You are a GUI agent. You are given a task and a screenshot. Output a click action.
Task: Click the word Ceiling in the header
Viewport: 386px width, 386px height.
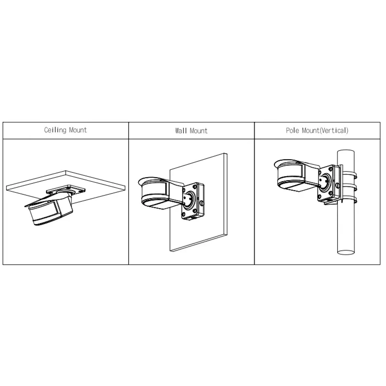click(x=55, y=130)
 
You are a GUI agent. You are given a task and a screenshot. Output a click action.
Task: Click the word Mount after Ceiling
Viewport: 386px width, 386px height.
click(x=78, y=130)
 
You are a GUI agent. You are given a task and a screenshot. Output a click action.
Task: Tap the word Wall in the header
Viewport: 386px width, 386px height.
click(x=181, y=131)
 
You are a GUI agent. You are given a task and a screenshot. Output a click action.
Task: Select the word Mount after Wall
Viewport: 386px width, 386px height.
click(x=198, y=131)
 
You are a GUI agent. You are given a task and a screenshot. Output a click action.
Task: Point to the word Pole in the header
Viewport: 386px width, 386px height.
click(x=293, y=131)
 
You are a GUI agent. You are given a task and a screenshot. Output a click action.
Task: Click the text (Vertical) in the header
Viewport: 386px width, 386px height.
click(x=334, y=131)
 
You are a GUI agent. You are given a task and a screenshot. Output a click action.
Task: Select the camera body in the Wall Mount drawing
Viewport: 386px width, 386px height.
click(x=160, y=193)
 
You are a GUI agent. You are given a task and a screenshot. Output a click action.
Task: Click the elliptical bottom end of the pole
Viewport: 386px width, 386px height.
click(x=346, y=252)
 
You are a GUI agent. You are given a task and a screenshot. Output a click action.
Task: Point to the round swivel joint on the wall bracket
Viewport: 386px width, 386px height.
click(x=189, y=201)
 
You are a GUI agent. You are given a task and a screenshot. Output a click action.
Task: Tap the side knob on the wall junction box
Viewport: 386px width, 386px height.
click(x=202, y=203)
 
